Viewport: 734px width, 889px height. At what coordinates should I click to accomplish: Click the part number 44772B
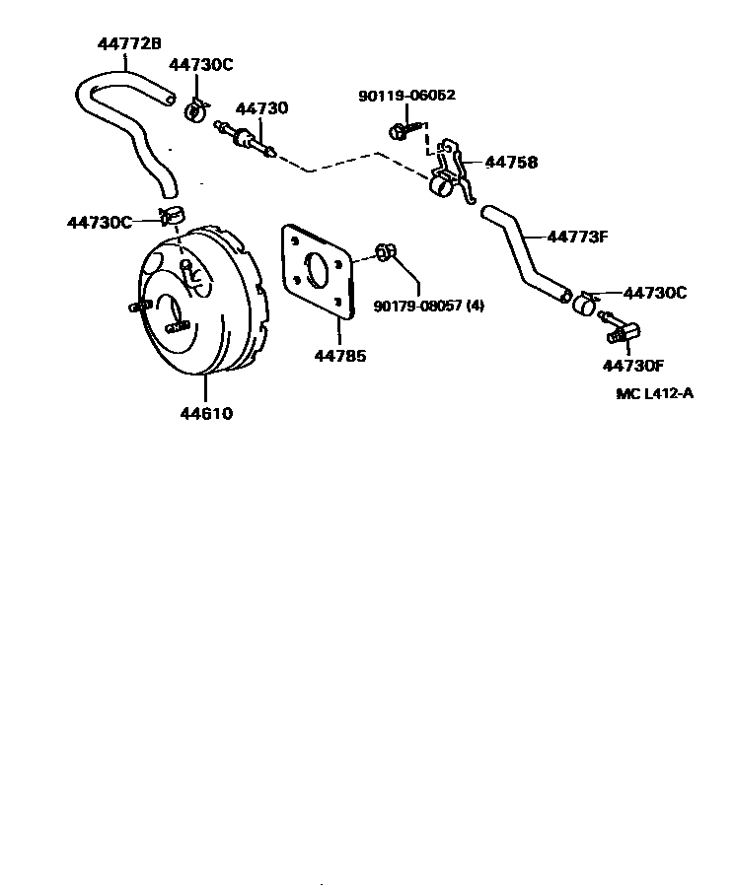pyautogui.click(x=129, y=43)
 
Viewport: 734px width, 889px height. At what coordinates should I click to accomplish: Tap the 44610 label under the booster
pyautogui.click(x=205, y=414)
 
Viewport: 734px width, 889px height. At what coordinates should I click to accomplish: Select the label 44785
pyautogui.click(x=340, y=356)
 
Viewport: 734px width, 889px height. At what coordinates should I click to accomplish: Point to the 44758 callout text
pyautogui.click(x=511, y=163)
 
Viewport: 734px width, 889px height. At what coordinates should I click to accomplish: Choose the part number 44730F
pyautogui.click(x=633, y=367)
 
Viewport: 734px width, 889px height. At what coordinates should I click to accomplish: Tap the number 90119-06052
pyautogui.click(x=406, y=96)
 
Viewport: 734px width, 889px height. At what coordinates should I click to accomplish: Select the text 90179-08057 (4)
pyautogui.click(x=429, y=307)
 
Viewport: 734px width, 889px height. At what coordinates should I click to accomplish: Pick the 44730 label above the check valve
pyautogui.click(x=261, y=108)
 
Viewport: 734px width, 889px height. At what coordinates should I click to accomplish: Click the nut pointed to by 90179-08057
pyautogui.click(x=386, y=252)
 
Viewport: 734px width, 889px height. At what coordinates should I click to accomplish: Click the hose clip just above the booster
pyautogui.click(x=173, y=215)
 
